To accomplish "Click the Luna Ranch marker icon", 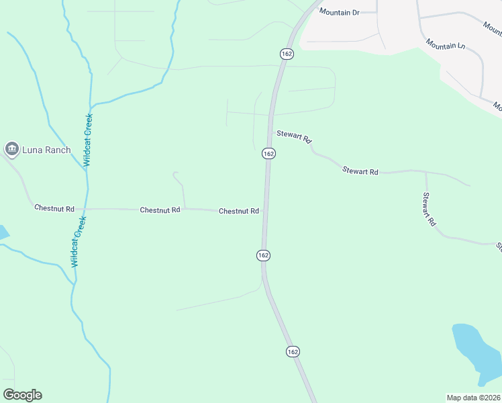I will click(11, 149).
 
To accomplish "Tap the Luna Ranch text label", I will click(46, 150).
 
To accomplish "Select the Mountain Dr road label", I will click(340, 12).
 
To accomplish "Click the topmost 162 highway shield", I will click(287, 53).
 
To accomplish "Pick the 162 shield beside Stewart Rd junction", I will click(268, 153).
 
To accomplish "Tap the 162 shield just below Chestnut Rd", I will click(263, 255).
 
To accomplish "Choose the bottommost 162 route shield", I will click(292, 351).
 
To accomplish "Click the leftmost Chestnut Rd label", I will click(54, 208).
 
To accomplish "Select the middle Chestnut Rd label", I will click(160, 210).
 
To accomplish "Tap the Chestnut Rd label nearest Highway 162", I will click(239, 211).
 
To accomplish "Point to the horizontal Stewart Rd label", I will click(360, 171).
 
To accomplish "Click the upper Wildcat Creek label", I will click(88, 140).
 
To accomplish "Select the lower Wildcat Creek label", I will click(79, 241).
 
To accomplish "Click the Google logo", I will click(22, 395).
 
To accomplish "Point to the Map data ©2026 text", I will click(473, 398).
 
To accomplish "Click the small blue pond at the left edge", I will click(3, 232).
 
